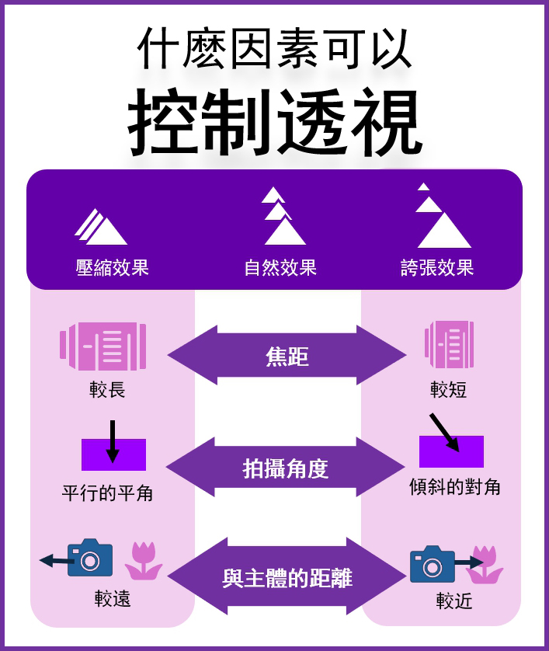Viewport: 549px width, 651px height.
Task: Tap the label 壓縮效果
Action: [112, 268]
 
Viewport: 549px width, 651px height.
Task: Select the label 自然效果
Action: [280, 268]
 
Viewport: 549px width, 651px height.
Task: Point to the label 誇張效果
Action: [437, 268]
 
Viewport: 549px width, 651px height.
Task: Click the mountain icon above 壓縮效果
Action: [101, 228]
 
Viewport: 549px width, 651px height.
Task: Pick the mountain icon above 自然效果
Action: [281, 218]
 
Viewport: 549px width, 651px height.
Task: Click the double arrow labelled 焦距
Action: [287, 356]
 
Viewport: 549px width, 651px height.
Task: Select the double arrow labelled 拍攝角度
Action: [286, 468]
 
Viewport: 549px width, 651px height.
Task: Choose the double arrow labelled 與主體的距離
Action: [287, 578]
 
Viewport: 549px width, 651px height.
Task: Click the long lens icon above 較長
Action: [103, 346]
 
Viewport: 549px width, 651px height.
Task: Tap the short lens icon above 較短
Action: [449, 345]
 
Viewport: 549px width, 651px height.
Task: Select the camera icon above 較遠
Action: [89, 558]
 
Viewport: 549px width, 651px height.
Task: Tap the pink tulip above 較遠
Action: [144, 561]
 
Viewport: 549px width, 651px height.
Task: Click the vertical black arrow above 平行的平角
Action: [113, 441]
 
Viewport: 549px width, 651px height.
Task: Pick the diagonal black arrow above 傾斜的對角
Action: [444, 432]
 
